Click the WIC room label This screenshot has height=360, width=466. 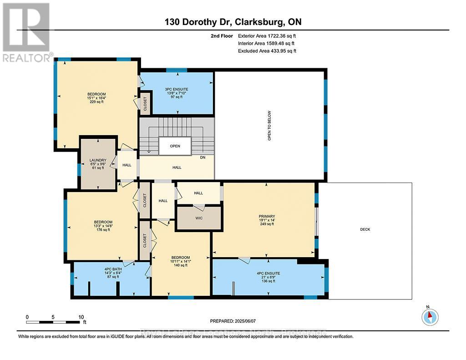pyautogui.click(x=198, y=218)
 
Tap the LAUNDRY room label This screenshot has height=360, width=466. pyautogui.click(x=98, y=160)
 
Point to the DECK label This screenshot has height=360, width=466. pyautogui.click(x=365, y=229)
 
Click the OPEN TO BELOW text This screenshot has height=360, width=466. pyautogui.click(x=269, y=126)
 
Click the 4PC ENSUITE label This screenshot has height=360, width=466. pyautogui.click(x=268, y=274)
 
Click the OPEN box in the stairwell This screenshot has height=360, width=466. pyautogui.click(x=175, y=146)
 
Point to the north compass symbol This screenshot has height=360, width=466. pyautogui.click(x=430, y=316)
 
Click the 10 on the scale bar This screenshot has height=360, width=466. pyautogui.click(x=81, y=317)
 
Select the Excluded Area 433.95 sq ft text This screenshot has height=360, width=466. pyautogui.click(x=267, y=51)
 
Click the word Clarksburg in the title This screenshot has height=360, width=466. pyautogui.click(x=264, y=22)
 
